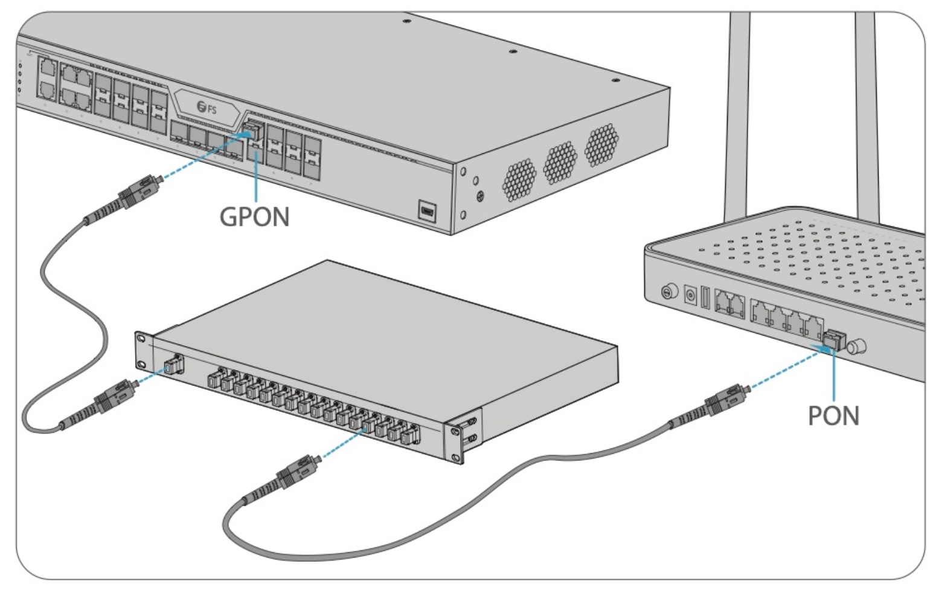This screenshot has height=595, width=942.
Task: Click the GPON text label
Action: [x=254, y=217]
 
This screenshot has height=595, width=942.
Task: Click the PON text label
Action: [x=833, y=416]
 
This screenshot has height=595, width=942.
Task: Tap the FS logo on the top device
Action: [x=207, y=109]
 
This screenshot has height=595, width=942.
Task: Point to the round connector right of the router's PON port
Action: [x=856, y=347]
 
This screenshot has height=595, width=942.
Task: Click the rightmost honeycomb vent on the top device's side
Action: [x=601, y=145]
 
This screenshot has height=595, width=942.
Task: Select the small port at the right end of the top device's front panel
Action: [x=428, y=211]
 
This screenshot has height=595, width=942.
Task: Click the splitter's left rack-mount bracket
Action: [x=143, y=351]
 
